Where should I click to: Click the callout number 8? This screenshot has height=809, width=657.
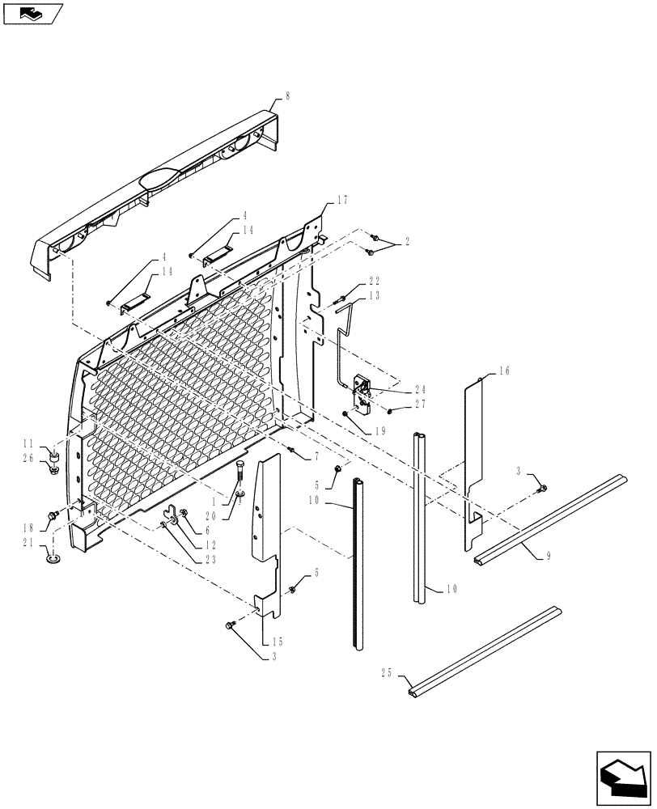pos(286,95)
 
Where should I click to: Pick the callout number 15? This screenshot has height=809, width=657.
pos(266,641)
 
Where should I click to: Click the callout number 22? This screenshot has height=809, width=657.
pos(375,282)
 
